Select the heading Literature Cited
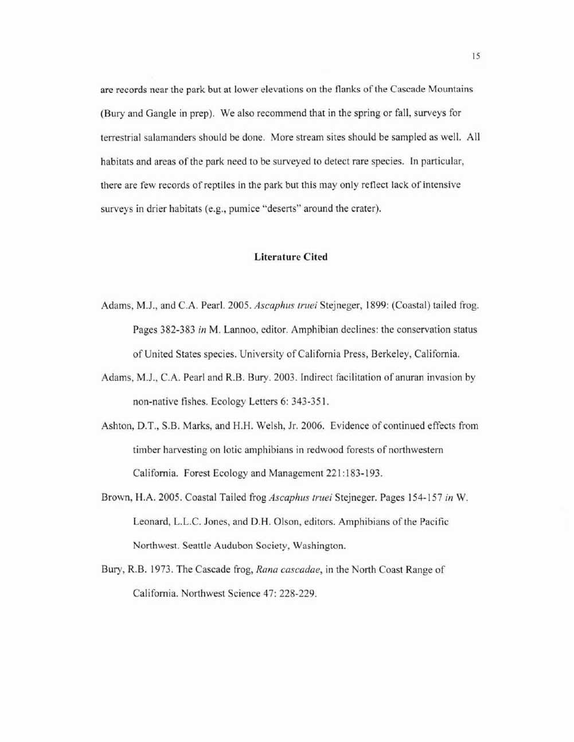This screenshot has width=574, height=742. tap(291, 257)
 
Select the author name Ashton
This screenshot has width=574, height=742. tap(116, 426)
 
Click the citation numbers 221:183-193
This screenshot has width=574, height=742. tap(354, 474)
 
